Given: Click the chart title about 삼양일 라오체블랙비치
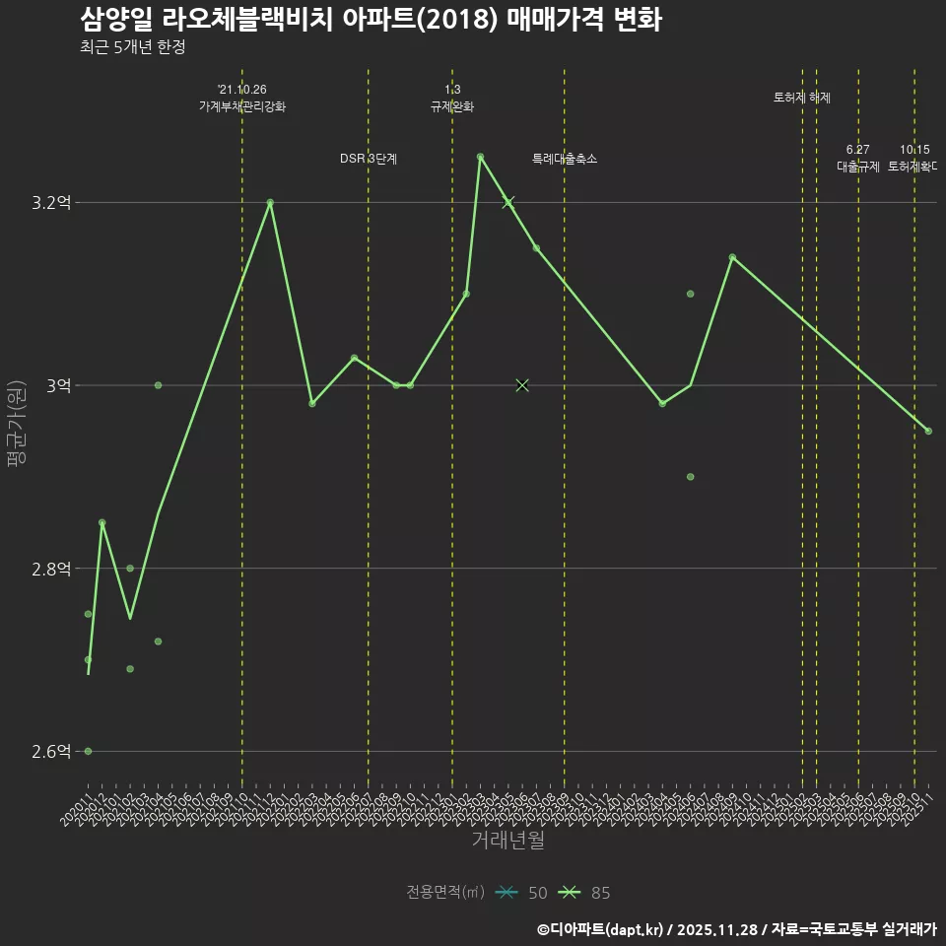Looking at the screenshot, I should (x=370, y=20).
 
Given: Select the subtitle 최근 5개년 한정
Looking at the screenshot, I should (x=133, y=46).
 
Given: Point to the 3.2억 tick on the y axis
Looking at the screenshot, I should (x=51, y=203).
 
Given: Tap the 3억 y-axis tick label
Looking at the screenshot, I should (x=58, y=385).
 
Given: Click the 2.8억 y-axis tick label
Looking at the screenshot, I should (x=51, y=569).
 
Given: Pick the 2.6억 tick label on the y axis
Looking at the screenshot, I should (x=51, y=752).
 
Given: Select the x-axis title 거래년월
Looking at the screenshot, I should (x=507, y=841).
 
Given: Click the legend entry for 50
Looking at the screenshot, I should (x=521, y=893).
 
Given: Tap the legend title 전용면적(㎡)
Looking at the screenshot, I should (x=444, y=893).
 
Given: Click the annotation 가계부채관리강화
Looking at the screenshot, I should (x=242, y=106).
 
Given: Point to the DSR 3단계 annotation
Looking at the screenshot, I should (x=369, y=159).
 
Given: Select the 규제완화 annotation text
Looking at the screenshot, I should (x=452, y=106).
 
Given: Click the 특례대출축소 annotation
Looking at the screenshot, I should (x=565, y=159).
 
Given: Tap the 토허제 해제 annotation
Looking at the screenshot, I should (x=802, y=98).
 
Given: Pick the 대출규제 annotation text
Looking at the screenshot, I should (x=857, y=167).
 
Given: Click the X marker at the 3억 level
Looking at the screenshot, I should (x=522, y=385).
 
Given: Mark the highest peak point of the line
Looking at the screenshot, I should (x=480, y=157).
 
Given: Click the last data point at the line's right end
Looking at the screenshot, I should (x=928, y=431).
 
